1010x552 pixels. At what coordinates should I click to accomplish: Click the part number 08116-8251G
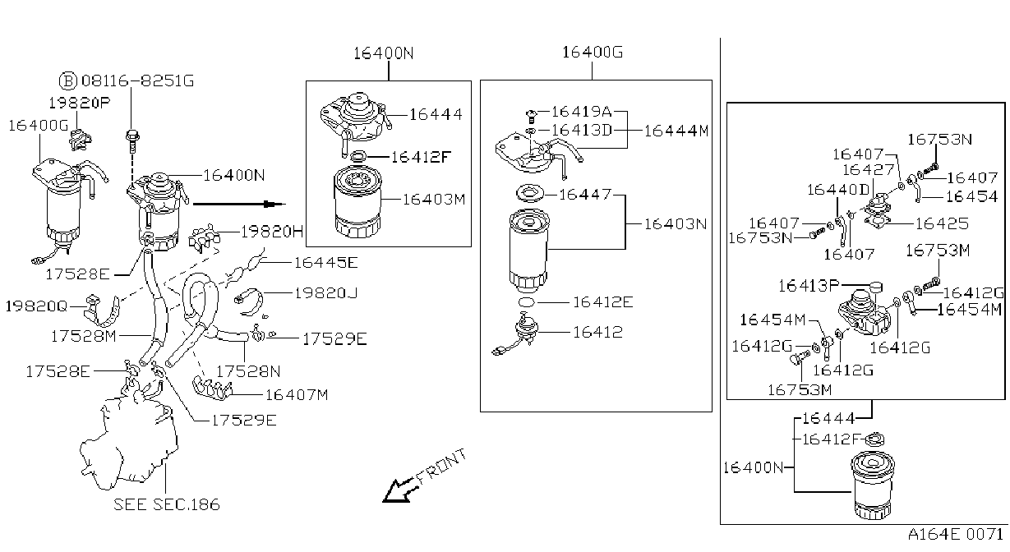coord(137,81)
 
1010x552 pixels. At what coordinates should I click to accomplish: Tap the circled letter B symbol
coord(68,81)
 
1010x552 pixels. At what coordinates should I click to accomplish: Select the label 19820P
coord(80,103)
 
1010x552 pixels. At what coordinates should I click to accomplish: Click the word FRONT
coord(441,466)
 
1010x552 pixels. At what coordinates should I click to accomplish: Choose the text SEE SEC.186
coord(166,504)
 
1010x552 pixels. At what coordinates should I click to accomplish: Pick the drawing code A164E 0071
coord(955,535)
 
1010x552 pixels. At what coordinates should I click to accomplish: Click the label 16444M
coord(676,131)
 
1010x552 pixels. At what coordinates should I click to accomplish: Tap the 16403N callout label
coord(675,224)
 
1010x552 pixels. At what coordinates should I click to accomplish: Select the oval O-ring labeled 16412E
coord(526,302)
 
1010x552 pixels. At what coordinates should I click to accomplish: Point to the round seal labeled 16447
coord(530,193)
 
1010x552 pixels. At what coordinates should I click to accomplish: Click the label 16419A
coord(581,111)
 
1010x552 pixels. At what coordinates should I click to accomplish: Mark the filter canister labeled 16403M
coord(358,201)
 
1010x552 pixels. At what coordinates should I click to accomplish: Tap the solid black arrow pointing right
coord(239,205)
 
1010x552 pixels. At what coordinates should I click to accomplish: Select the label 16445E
coord(326,262)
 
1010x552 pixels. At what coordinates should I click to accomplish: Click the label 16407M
coord(296,395)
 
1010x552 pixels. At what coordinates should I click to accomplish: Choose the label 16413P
coord(809,286)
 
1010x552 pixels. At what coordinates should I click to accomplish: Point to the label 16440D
coord(837,190)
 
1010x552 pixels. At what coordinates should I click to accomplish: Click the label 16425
coord(942,223)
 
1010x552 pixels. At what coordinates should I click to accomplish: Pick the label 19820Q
coord(36,306)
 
